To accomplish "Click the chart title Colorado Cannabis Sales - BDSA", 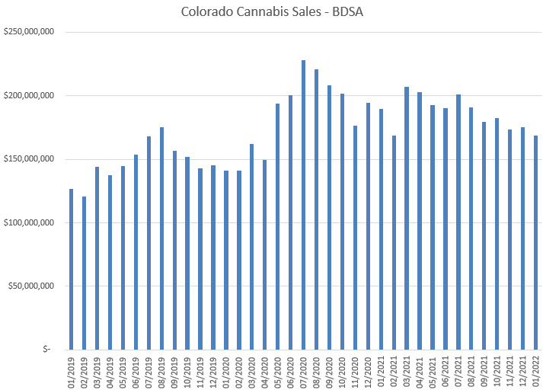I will point(271,12).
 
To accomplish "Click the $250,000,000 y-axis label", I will point(28,32).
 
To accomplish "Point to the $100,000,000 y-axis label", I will point(28,222).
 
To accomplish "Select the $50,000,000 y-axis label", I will point(30,286).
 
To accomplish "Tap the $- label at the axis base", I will point(47,350).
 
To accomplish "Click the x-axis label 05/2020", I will point(278,370).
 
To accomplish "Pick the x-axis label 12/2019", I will point(213,370).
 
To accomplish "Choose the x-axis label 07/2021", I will point(458,370).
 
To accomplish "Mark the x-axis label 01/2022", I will point(536,370).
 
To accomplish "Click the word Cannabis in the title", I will point(256,12).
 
